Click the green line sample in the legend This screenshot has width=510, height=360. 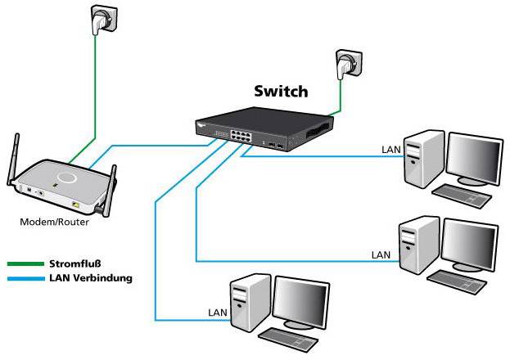pos(23,264)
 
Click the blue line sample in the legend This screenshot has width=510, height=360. pos(23,278)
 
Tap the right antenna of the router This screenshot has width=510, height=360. pos(112,184)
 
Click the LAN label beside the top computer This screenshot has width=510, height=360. pos(392,150)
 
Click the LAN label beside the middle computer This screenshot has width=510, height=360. pos(381,254)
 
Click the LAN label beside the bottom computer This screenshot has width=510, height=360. pos(217,312)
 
